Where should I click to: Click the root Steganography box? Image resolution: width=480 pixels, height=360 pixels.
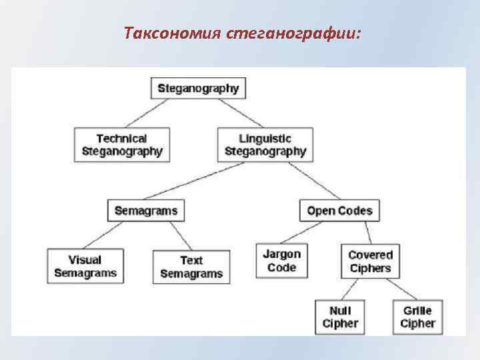pyautogui.click(x=199, y=88)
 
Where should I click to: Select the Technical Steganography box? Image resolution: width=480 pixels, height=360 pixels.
pyautogui.click(x=121, y=145)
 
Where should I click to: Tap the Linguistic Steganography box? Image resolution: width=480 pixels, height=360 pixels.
pyautogui.click(x=265, y=145)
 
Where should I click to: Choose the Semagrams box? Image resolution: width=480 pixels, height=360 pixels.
pyautogui.click(x=146, y=211)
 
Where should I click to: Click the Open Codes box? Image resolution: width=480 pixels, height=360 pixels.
pyautogui.click(x=339, y=211)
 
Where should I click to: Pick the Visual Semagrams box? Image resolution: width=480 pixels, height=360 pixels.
pyautogui.click(x=85, y=266)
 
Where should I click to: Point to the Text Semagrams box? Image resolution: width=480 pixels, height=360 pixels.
pyautogui.click(x=191, y=267)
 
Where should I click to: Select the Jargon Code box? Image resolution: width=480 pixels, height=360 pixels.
pyautogui.click(x=281, y=261)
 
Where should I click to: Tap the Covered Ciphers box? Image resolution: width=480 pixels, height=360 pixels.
pyautogui.click(x=370, y=261)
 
